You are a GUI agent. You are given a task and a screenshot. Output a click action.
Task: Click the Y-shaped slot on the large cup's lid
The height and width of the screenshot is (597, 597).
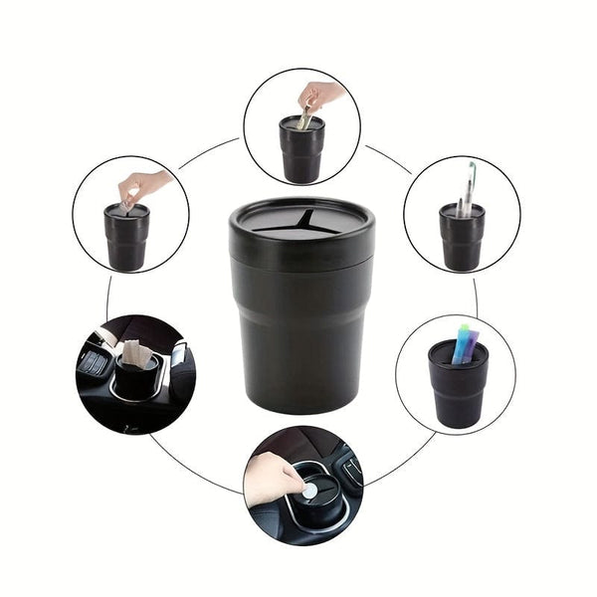(301, 223)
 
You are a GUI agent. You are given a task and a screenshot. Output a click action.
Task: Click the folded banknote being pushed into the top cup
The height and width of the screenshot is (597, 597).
(305, 119)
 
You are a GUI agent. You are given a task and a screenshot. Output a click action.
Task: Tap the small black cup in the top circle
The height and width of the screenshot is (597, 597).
(301, 151)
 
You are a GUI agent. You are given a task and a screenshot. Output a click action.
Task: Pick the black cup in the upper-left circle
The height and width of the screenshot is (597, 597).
(126, 239)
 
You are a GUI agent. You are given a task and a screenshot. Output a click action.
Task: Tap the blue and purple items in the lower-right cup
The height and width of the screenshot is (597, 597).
(464, 342)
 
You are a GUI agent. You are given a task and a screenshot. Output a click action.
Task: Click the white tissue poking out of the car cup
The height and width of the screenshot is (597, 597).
(136, 353)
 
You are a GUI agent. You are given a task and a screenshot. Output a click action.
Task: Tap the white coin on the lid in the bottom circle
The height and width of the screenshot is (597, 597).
(311, 491)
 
